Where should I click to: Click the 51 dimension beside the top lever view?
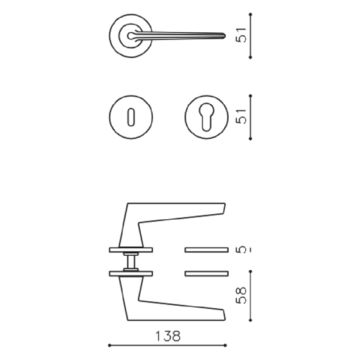(x=241, y=35)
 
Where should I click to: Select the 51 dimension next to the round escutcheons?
(x=241, y=116)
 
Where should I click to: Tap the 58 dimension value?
(x=241, y=294)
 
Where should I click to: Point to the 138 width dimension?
(x=167, y=337)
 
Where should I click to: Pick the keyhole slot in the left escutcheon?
(x=131, y=116)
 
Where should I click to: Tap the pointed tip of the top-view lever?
(x=224, y=33)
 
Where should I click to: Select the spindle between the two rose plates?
(x=131, y=261)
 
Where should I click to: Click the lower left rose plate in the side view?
(x=131, y=273)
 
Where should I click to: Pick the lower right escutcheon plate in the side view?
(x=206, y=273)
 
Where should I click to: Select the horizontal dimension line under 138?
(x=167, y=345)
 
